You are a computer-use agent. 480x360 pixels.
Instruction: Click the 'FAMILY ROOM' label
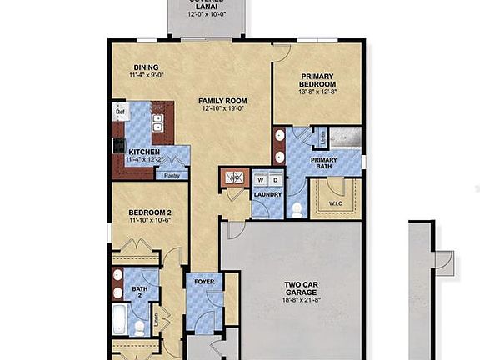[222, 101]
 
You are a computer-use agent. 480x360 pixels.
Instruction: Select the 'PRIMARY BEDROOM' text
[318, 79]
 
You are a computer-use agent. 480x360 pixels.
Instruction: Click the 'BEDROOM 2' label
[150, 213]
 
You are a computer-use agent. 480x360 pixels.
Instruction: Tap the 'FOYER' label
[204, 282]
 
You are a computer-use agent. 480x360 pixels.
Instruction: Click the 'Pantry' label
[172, 175]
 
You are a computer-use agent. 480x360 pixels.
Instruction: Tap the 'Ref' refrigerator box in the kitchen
[120, 112]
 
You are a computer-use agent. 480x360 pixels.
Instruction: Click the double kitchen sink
[157, 125]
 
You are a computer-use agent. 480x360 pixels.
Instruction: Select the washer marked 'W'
[261, 179]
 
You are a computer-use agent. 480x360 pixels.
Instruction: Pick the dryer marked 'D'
[274, 179]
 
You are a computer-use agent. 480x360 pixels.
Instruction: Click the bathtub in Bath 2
[121, 318]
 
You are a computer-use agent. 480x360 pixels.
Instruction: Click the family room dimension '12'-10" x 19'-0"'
[222, 109]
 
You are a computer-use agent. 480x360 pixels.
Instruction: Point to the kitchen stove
[119, 145]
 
